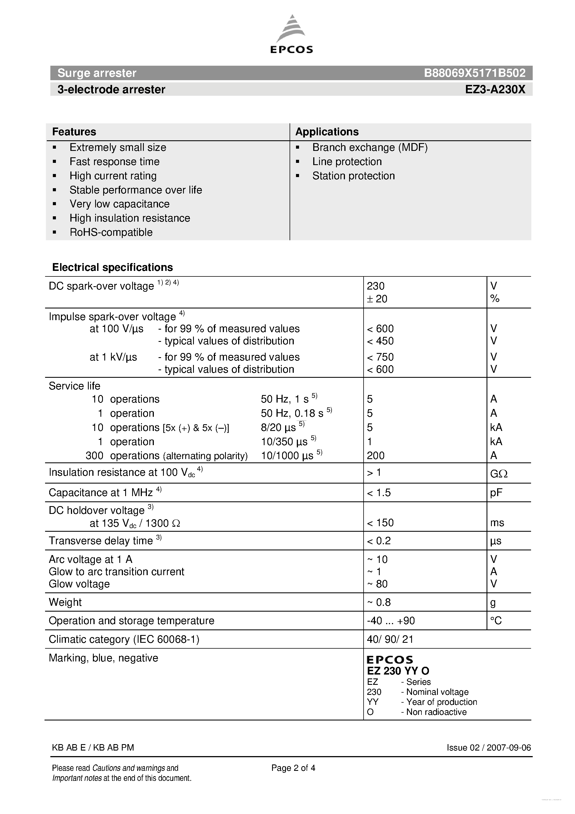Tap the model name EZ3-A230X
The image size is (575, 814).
[495, 90]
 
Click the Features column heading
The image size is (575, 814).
[74, 132]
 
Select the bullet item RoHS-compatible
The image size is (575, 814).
[111, 232]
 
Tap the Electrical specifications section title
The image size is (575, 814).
[112, 267]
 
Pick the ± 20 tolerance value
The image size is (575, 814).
[377, 299]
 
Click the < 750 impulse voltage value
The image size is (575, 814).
[380, 357]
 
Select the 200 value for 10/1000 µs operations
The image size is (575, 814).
[376, 455]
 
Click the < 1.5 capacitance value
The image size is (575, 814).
[379, 493]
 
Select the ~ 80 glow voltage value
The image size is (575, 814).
[377, 584]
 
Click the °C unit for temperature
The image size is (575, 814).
[496, 621]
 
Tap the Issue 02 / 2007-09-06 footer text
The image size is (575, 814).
[488, 748]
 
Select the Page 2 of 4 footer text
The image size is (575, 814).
[293, 768]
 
